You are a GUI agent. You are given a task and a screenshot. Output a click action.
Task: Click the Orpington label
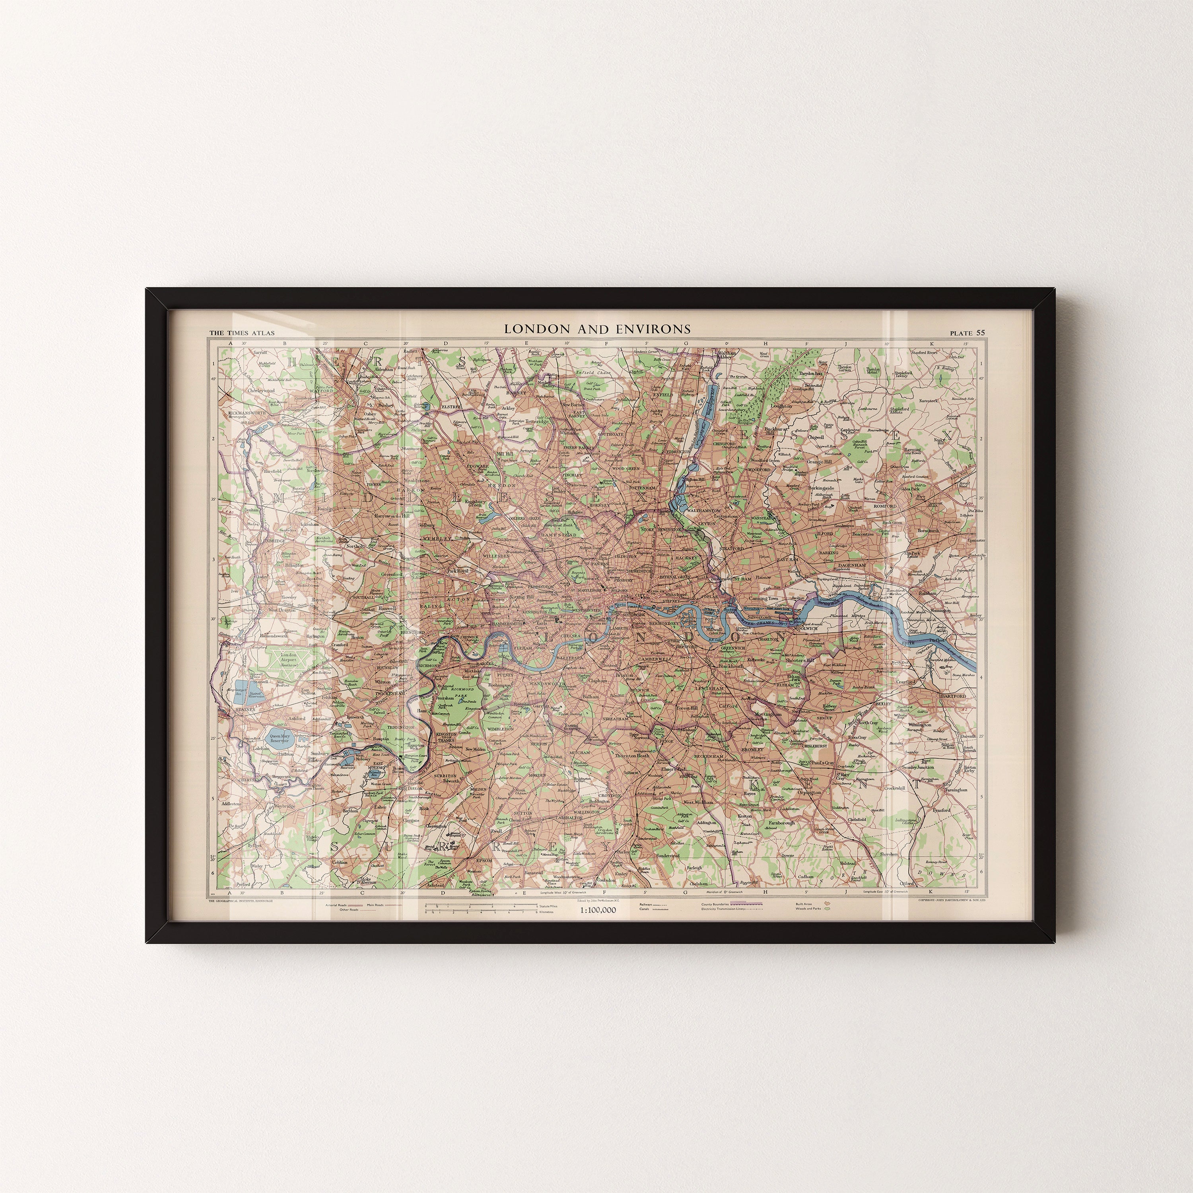(810, 792)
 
